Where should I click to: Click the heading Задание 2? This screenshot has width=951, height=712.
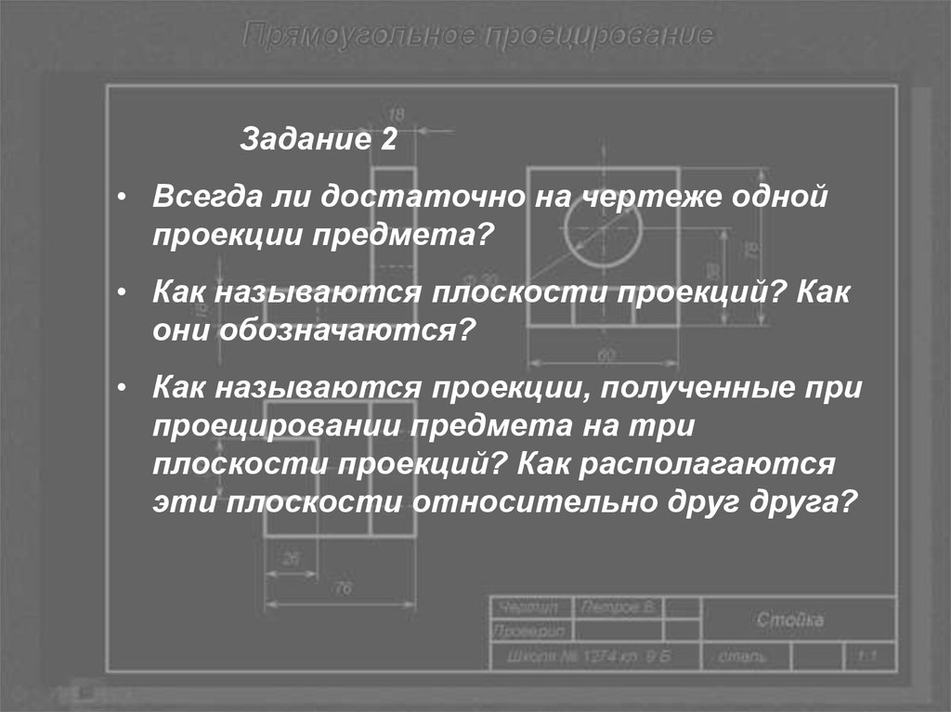(319, 141)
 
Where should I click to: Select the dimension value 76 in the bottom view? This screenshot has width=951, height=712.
(343, 588)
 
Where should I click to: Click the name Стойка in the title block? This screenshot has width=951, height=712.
(789, 620)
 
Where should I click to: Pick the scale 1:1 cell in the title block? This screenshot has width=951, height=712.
(867, 657)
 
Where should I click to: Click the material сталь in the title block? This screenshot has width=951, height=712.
(744, 657)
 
